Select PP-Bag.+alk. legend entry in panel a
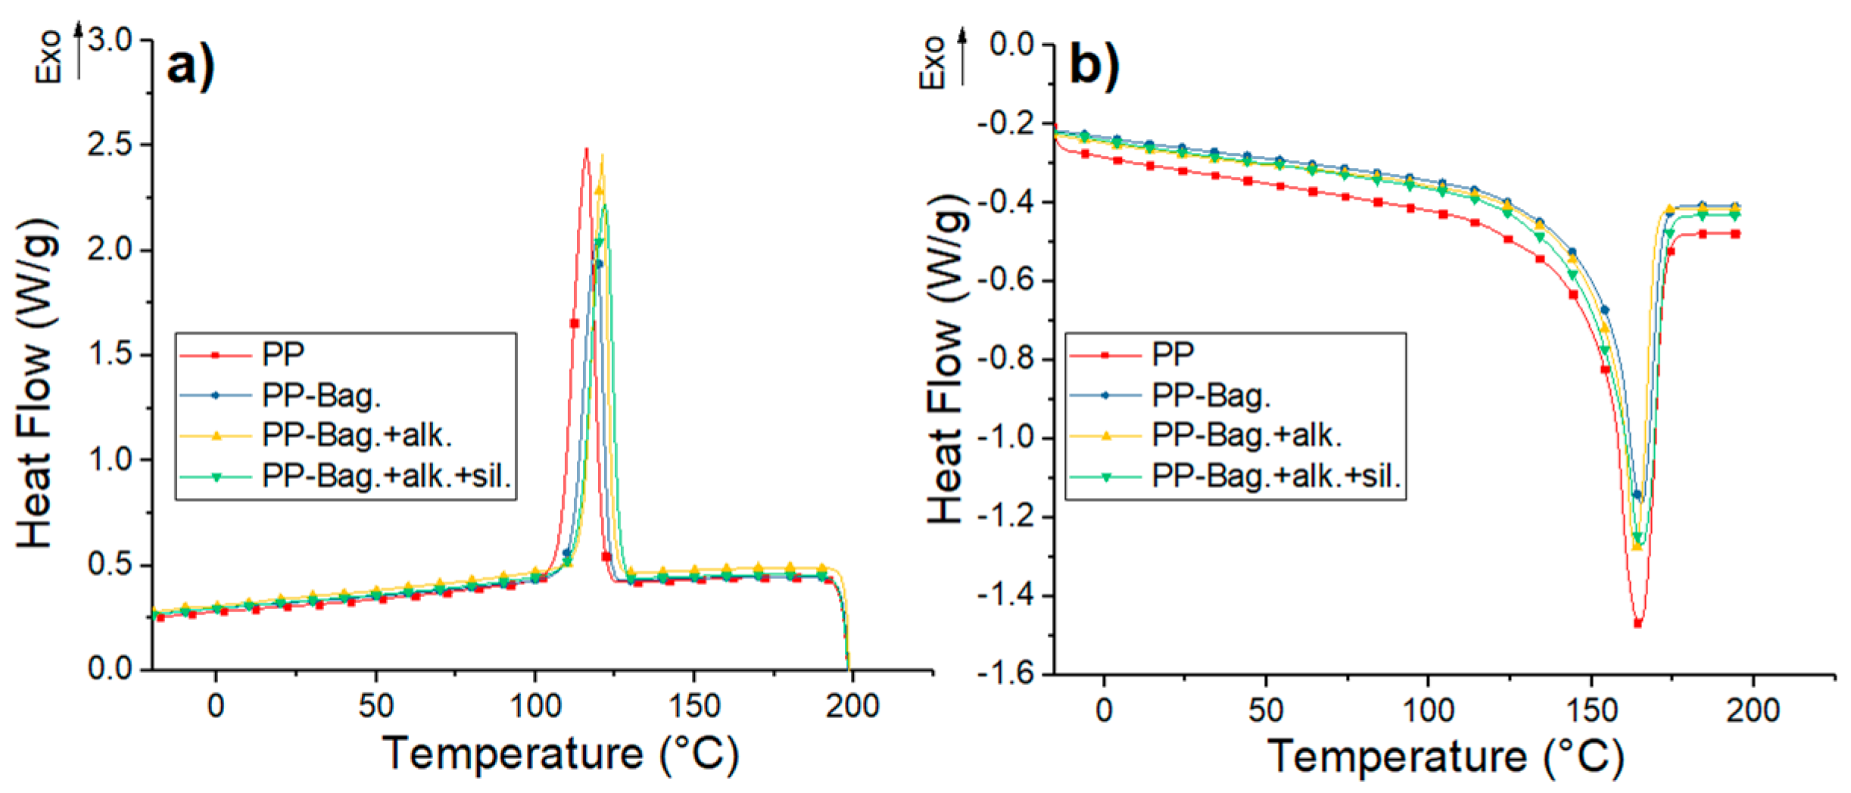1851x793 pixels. (357, 436)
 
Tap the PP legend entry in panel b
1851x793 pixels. (1173, 353)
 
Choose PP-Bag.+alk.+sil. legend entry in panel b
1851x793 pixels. (1276, 477)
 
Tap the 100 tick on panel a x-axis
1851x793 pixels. (535, 706)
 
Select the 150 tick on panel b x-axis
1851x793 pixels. (1591, 711)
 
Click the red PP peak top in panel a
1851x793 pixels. (586, 150)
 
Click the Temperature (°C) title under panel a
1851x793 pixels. (560, 754)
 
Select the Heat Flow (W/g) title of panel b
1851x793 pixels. (946, 356)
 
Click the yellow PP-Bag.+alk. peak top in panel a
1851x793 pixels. (603, 157)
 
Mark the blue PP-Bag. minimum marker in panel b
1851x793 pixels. (1637, 495)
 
